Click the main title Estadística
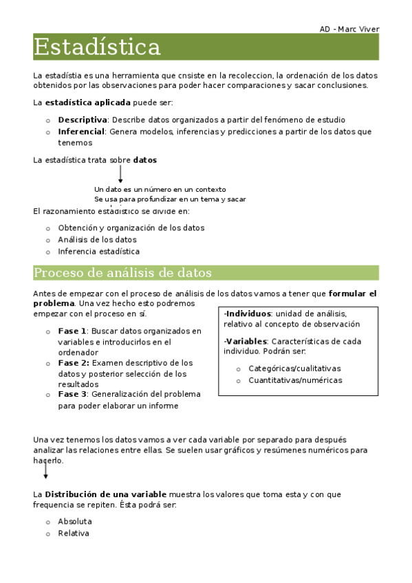pos(97,47)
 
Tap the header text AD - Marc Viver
pos(349,29)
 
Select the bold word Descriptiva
pos(83,120)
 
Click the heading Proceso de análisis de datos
pos(122,273)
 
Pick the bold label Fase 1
pos(72,331)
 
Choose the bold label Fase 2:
pos(74,362)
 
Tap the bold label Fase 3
pos(72,395)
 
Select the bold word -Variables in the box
pos(244,341)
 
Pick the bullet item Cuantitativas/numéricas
pos(295,380)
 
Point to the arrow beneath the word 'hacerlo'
pos(45,471)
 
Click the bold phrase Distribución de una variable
pos(105,494)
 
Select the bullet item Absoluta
pos(75,522)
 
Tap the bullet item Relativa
pos(74,533)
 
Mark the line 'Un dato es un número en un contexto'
pos(160,189)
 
